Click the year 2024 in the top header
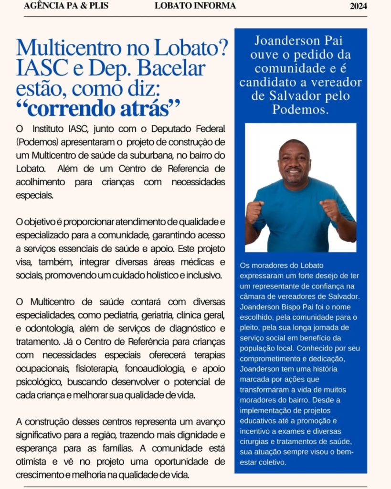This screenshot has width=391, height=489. [x=358, y=6]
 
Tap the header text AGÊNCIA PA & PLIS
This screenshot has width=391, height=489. [x=66, y=6]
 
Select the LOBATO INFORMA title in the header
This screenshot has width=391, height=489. [x=195, y=6]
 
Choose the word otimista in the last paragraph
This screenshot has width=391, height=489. [x=31, y=462]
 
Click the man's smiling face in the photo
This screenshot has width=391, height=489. [x=294, y=163]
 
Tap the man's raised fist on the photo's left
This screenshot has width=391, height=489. [x=255, y=211]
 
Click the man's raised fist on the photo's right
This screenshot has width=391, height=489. [x=330, y=209]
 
